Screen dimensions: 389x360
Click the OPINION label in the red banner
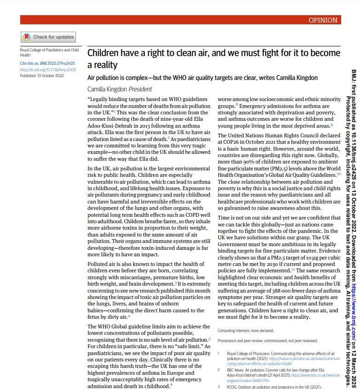323,20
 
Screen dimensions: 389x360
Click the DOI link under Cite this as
48,70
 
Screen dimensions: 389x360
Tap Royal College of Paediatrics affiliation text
49,52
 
